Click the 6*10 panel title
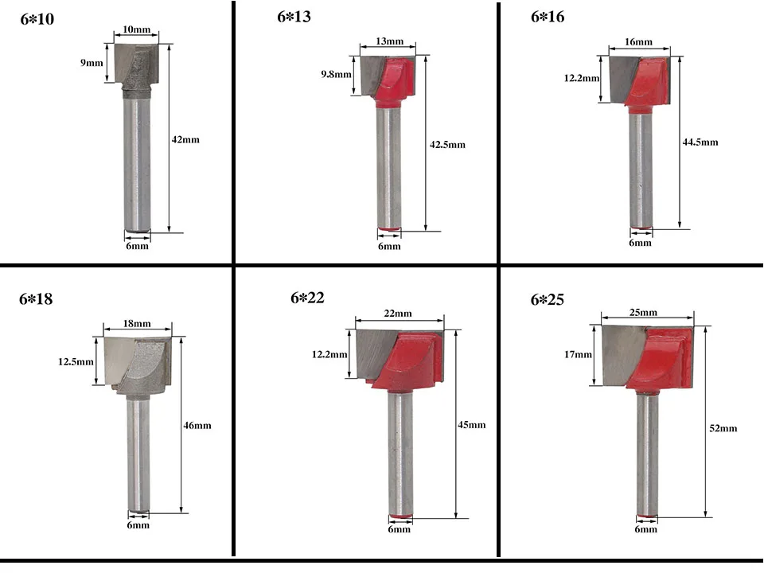[x=37, y=19]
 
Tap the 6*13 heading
[x=294, y=17]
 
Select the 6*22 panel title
[x=307, y=298]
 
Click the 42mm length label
[x=185, y=140]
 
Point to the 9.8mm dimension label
[x=336, y=75]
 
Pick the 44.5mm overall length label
[x=700, y=142]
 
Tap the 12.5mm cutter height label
[x=76, y=362]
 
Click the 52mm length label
[x=723, y=428]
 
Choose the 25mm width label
[x=643, y=312]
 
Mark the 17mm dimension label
[x=579, y=355]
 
